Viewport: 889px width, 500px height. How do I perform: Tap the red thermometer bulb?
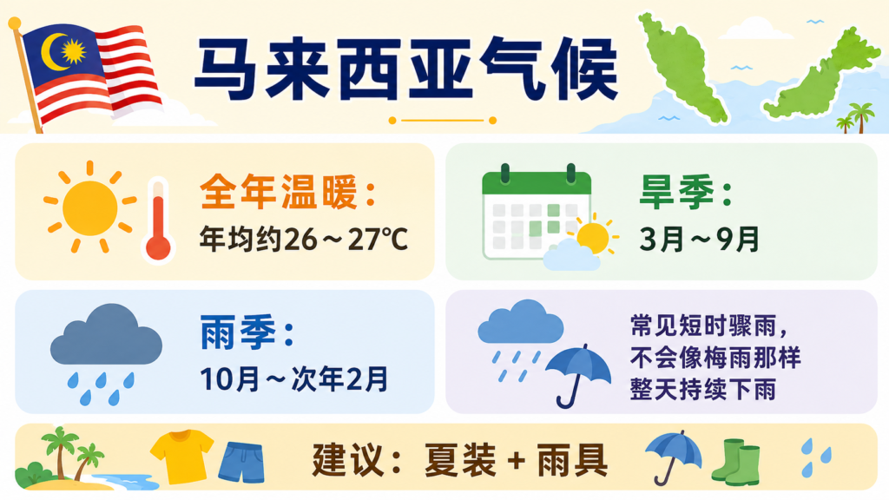point(158,247)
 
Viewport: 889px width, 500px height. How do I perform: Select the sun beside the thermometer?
point(90,207)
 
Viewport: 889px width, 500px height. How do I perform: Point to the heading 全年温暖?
point(279,192)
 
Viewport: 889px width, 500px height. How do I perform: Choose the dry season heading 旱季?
point(676,192)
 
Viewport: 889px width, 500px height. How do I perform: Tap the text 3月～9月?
point(699,239)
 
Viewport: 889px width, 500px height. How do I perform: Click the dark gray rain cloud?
point(106,335)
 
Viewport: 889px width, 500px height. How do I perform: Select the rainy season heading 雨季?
point(238,332)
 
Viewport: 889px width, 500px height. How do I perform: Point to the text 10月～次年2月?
point(293,378)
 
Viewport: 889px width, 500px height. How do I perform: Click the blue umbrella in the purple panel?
point(577,375)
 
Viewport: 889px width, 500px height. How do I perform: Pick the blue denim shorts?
point(241,462)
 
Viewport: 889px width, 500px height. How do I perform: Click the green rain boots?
point(736,462)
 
